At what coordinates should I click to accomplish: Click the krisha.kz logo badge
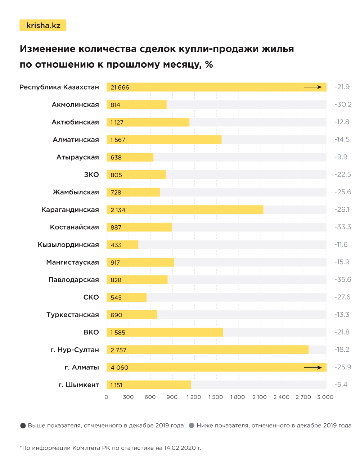43,26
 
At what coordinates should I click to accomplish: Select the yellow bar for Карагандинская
185,210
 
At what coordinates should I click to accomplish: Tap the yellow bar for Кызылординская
122,245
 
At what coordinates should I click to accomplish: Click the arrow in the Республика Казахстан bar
312,87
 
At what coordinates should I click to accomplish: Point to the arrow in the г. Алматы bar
312,368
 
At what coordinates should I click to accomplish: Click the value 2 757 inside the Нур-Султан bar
118,350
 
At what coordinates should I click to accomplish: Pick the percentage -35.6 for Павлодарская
343,280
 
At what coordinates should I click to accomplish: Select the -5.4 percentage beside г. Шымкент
341,385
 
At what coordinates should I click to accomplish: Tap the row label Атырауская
77,157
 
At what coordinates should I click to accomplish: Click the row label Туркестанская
72,315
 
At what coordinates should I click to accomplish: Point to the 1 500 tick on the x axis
216,397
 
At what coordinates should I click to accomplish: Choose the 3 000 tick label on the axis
325,397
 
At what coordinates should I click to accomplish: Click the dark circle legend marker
23,426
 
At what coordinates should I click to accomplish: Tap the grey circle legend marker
192,426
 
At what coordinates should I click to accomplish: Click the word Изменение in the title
48,49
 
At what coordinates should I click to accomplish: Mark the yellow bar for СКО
126,297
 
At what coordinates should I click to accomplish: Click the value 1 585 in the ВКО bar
118,333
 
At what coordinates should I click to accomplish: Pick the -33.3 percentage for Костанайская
342,227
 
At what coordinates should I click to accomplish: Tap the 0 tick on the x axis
106,397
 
